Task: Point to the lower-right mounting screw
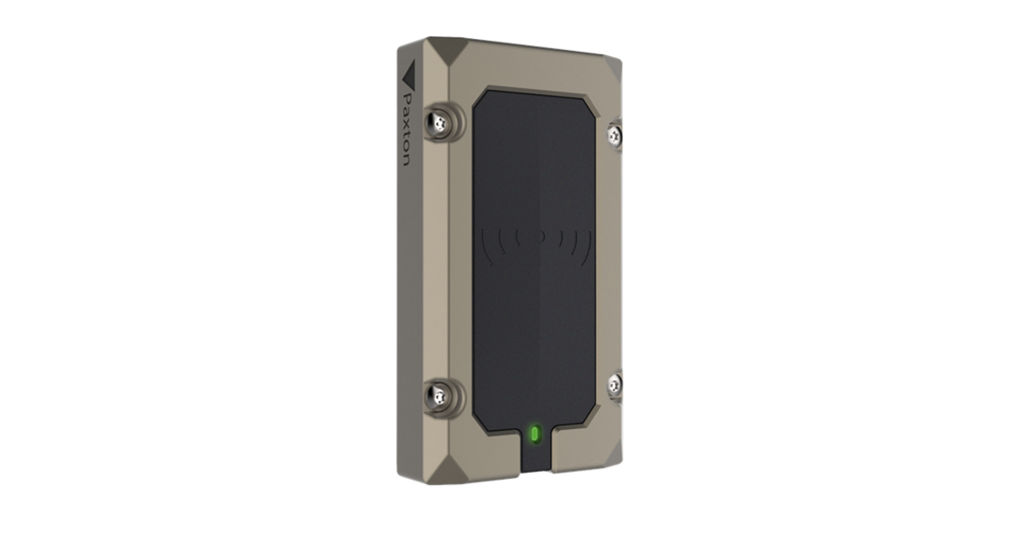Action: pos(614,384)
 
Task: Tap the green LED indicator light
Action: pos(535,435)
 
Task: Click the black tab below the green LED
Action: pos(534,458)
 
